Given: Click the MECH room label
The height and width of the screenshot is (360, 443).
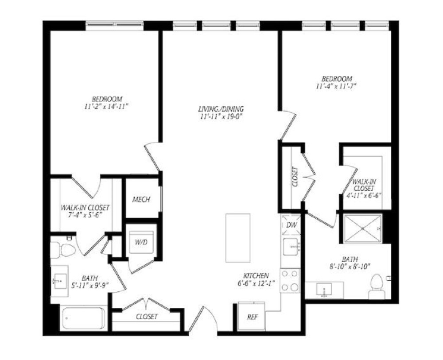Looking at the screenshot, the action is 141,199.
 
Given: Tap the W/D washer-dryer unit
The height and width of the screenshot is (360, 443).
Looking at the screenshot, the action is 141,242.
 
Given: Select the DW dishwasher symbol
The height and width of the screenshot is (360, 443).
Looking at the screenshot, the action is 291,225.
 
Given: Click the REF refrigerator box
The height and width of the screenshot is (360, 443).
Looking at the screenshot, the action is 252,316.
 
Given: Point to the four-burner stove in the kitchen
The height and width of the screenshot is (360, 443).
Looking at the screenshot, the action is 290,281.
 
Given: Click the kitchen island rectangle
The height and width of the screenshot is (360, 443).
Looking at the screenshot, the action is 238,238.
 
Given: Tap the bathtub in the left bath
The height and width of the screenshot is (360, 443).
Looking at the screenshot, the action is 83,318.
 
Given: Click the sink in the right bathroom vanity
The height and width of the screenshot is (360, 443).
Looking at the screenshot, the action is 324,290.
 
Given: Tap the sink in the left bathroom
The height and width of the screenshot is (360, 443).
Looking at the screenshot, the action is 59,281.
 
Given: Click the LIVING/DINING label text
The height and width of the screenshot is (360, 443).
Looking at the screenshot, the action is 221,108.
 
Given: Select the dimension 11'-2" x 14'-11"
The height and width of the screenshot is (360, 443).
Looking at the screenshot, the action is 106,106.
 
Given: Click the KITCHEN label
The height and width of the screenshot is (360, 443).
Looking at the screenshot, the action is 256,275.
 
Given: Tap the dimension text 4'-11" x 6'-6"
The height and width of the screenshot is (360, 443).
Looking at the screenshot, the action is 365,195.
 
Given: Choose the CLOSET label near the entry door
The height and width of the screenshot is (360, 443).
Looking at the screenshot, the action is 147,317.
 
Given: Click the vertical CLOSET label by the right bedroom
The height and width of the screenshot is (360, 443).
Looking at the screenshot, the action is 295,177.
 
